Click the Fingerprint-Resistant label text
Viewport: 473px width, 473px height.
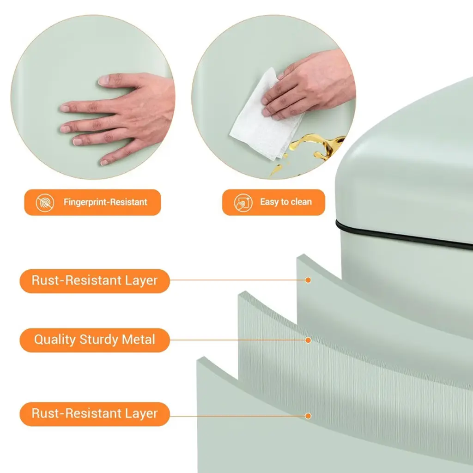pos(105,202)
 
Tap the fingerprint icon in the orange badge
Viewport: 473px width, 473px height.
pos(45,202)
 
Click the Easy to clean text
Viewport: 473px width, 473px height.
pos(285,202)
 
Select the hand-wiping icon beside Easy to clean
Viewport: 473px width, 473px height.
pos(243,202)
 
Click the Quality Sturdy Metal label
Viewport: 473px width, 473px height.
pos(95,340)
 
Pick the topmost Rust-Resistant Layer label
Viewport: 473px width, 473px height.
pos(95,281)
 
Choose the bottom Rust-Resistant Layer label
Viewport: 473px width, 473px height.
pos(95,414)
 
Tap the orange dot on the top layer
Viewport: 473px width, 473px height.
pos(308,280)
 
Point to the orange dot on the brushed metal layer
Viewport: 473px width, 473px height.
pos(308,340)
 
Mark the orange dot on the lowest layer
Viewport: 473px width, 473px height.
pos(308,416)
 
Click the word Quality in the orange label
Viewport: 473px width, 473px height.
pos(55,340)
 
